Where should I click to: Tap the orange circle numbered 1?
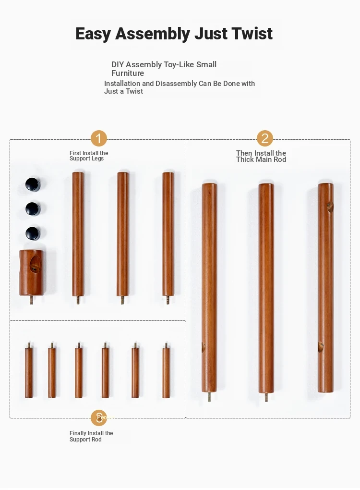point(99,138)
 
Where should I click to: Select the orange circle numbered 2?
point(265,138)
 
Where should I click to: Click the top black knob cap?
point(33,184)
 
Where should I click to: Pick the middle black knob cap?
point(33,209)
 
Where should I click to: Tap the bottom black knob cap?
point(33,233)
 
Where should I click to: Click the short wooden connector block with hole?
point(31,272)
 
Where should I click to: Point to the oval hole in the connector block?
point(35,264)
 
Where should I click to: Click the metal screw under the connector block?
point(31,300)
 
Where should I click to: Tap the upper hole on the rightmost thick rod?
point(330,207)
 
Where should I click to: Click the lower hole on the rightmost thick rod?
point(321,346)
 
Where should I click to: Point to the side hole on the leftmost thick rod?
point(203,347)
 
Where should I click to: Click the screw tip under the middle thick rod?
point(266,397)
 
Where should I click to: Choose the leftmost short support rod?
point(29,370)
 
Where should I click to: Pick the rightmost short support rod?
point(166,370)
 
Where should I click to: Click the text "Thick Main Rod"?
point(261,159)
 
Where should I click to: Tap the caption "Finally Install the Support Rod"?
point(91,436)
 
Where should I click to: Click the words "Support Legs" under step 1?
point(86,159)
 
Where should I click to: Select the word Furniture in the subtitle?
point(128,73)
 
